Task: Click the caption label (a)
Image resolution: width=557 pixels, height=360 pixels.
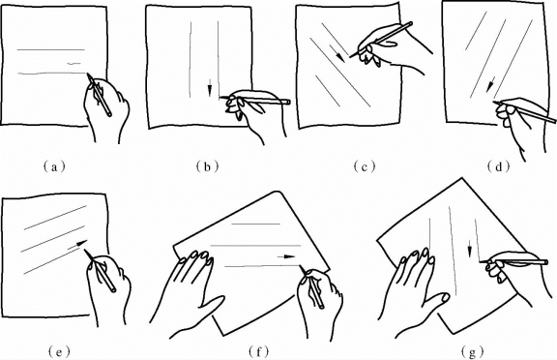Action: point(54,166)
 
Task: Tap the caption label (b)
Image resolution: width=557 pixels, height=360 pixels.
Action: point(207,166)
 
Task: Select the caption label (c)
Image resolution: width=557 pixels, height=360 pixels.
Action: point(365,166)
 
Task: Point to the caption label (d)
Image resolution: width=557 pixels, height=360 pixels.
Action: point(499,166)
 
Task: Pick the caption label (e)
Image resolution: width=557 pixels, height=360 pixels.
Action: point(59,352)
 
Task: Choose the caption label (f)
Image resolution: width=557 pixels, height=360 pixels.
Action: point(258,352)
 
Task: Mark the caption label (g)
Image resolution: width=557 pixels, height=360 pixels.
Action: point(473,352)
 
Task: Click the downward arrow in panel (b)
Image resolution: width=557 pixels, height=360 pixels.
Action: point(210,87)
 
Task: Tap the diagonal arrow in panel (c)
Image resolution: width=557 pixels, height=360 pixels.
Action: point(337,53)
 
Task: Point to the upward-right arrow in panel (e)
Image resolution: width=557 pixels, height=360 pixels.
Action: point(77,245)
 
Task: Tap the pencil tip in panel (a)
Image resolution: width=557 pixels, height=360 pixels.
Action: point(87,74)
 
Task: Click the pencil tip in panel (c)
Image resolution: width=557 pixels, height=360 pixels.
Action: point(351,56)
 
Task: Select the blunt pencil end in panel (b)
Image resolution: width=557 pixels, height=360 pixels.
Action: point(288,103)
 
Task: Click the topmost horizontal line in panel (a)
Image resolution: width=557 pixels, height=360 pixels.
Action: point(51,49)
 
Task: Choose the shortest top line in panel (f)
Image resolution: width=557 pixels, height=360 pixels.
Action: point(255,224)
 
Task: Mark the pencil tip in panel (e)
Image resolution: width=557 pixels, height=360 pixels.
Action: point(85,250)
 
